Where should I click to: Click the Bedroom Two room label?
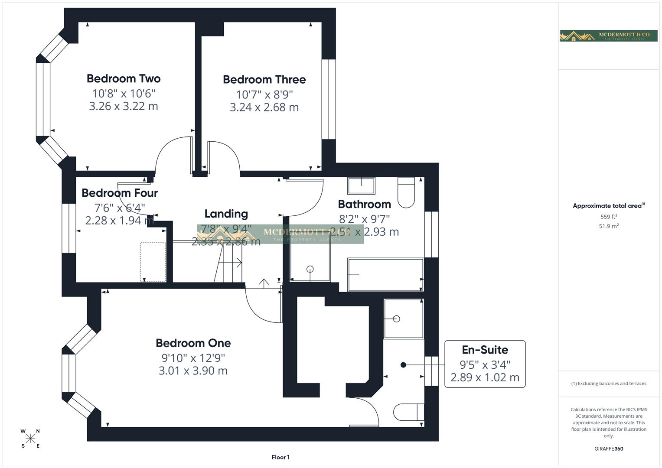[124, 78]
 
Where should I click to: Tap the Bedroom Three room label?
[264, 79]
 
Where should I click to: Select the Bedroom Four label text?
[120, 193]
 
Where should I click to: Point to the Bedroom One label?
[193, 343]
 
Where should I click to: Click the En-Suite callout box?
[485, 364]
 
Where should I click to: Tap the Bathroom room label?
[364, 204]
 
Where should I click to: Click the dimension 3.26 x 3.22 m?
[124, 106]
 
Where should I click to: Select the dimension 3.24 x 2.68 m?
[264, 107]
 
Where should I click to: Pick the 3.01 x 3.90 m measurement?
[193, 371]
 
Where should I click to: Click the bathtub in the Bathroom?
[385, 275]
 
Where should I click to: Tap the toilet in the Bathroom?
[406, 192]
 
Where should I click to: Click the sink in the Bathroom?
[361, 186]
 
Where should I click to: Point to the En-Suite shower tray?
[403, 318]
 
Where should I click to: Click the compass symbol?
[30, 439]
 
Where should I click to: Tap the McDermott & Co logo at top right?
[608, 36]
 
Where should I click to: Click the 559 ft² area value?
[608, 217]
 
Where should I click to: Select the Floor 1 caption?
[280, 457]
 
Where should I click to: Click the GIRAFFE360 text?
[608, 449]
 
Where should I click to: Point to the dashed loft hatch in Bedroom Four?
[153, 262]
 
